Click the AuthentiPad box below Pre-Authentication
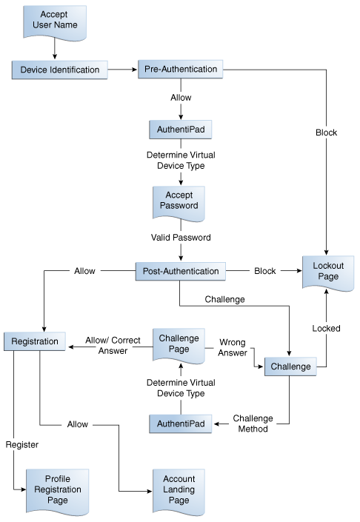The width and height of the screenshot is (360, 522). [x=181, y=129]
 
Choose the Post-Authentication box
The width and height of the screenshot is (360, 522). [x=181, y=271]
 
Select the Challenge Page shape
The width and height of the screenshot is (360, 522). [x=180, y=343]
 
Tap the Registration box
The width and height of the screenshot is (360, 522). [x=36, y=342]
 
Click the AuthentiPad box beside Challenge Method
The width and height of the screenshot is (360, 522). [x=181, y=424]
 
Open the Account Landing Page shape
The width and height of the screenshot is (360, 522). [x=180, y=489]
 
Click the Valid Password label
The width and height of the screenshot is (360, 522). [x=181, y=238]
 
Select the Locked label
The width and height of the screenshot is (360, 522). [x=327, y=328]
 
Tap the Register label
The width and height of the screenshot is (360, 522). [x=21, y=445]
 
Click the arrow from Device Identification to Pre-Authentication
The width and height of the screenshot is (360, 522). [x=123, y=70]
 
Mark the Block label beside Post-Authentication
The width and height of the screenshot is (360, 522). [x=264, y=271]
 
